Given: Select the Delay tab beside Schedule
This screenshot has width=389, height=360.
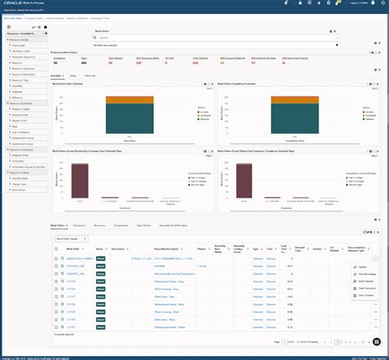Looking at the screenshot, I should [73, 75].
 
